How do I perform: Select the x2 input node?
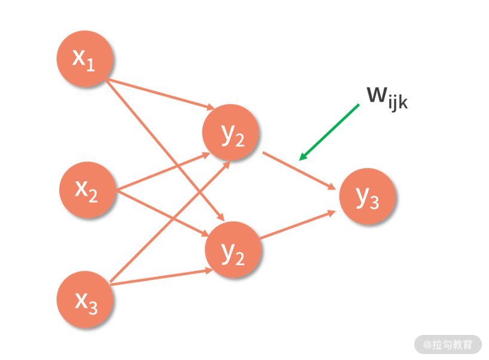[87, 190]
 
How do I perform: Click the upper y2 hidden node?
[231, 133]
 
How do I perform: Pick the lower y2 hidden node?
[234, 250]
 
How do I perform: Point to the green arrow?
[329, 132]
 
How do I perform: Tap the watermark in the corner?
[448, 344]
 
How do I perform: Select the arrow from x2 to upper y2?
[161, 172]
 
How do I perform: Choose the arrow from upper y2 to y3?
[299, 170]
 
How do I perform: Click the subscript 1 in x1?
[91, 65]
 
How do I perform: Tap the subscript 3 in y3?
[374, 203]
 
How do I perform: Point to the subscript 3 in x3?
[91, 307]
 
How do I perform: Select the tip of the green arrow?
[301, 159]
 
